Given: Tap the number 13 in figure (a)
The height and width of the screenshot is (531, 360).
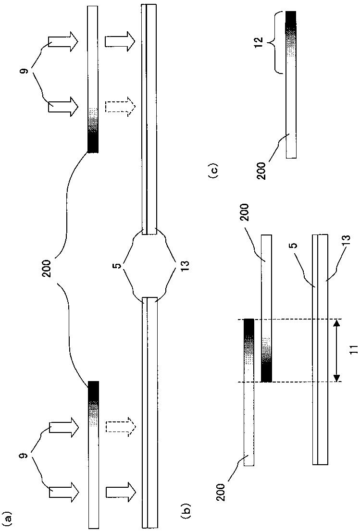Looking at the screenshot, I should (186, 265).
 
